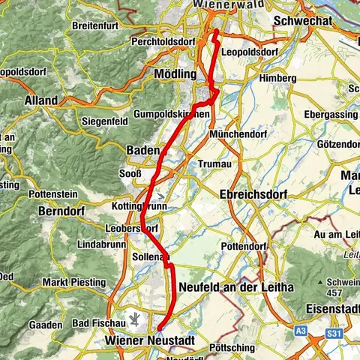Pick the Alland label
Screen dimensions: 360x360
click(40, 100)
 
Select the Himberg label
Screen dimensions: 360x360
click(272, 78)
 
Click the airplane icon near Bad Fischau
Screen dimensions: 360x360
click(135, 319)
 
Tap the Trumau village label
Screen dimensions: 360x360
click(211, 163)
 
